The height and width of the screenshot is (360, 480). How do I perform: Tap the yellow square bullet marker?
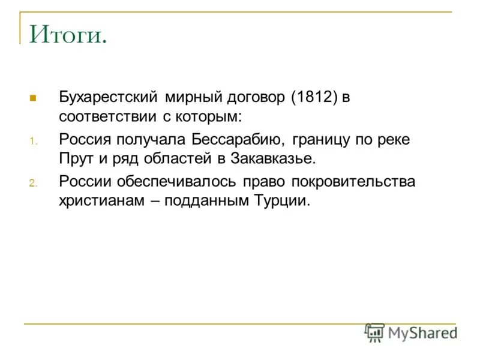33,97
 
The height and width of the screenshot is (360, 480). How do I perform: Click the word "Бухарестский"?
108,97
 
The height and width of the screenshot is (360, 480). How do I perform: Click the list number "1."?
33,142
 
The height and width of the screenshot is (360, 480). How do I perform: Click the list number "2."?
33,184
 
